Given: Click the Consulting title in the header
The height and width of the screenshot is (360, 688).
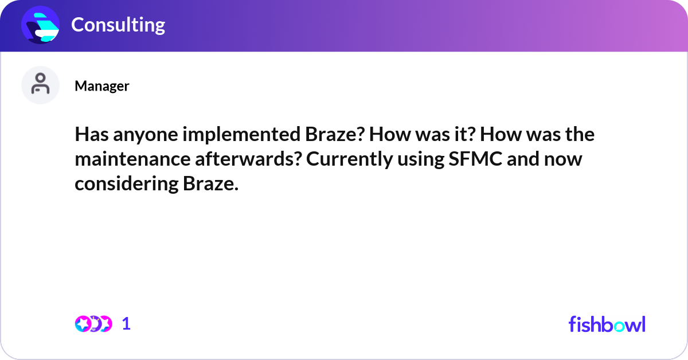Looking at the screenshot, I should point(118,25).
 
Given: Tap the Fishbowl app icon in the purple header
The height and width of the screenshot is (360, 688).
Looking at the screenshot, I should point(40,25).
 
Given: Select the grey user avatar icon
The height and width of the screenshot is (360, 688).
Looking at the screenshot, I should point(40,85).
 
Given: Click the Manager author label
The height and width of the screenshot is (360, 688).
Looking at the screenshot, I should point(101,86).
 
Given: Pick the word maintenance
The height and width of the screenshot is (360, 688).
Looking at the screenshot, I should point(131,160).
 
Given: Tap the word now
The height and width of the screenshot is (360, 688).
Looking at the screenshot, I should point(567,160).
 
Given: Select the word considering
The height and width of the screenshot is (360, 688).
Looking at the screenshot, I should point(126,185).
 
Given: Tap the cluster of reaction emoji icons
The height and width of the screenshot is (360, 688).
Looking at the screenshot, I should point(93,324).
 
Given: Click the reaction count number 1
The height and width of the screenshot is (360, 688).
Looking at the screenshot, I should point(126,324).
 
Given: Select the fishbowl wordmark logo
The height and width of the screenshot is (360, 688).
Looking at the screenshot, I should point(607,324).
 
